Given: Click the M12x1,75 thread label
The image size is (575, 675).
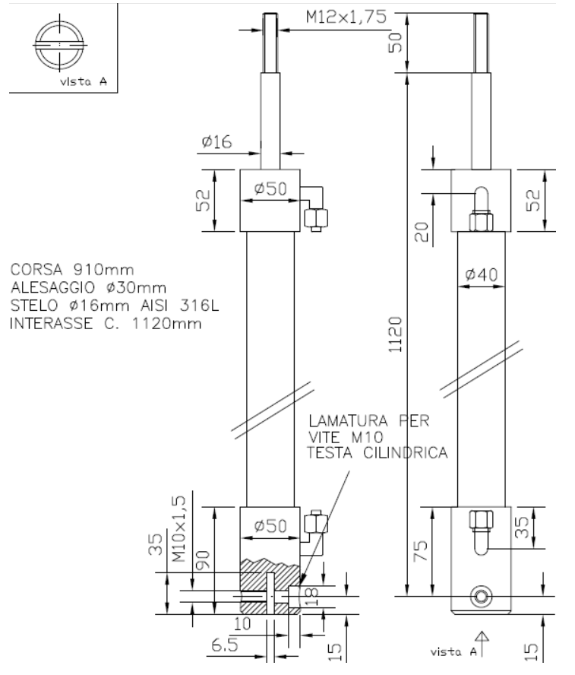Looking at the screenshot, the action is [x=346, y=17].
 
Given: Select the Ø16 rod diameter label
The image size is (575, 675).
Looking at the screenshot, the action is [x=216, y=141].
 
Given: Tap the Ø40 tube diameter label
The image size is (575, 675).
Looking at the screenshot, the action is [x=482, y=274].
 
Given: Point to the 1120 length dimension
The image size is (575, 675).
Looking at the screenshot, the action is [x=395, y=335].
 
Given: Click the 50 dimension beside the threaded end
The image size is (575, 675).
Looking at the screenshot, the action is [x=395, y=43].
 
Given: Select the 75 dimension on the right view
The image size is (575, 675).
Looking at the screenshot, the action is [x=420, y=550].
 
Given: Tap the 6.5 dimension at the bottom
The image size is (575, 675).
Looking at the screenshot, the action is [x=225, y=645].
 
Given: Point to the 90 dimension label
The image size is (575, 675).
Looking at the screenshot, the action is [x=203, y=559].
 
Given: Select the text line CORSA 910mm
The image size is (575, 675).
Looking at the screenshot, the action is [x=72, y=270].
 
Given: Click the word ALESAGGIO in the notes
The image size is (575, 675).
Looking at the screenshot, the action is [x=52, y=287].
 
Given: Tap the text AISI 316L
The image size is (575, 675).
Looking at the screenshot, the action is [x=180, y=306].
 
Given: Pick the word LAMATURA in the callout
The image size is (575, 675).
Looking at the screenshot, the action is [x=349, y=420].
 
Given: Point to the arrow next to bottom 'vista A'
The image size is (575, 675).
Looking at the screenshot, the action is [x=482, y=643].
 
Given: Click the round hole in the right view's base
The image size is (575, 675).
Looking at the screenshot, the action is [x=482, y=597].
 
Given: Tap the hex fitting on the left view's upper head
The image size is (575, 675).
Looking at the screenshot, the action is [x=316, y=219].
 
